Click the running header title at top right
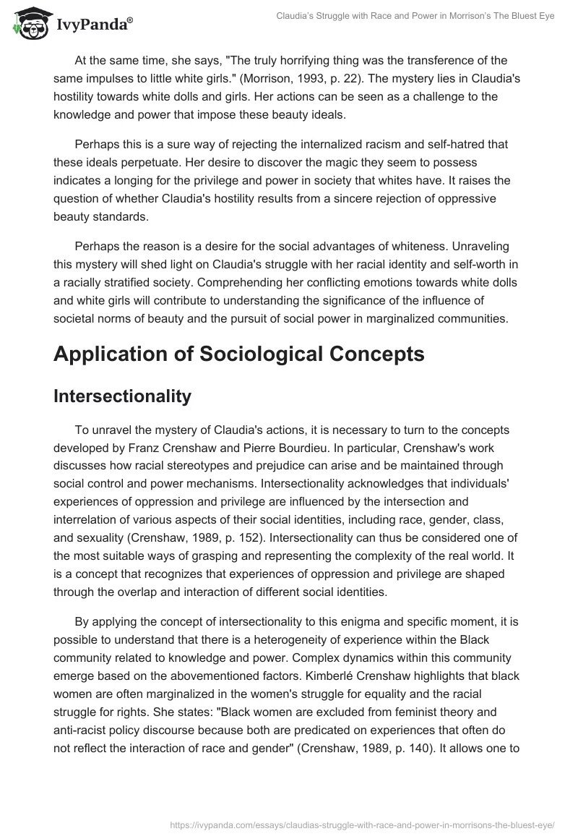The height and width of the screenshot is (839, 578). pyautogui.click(x=415, y=16)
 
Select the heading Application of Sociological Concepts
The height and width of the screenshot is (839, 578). pyautogui.click(x=238, y=354)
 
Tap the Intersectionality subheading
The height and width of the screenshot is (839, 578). pyautogui.click(x=122, y=396)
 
